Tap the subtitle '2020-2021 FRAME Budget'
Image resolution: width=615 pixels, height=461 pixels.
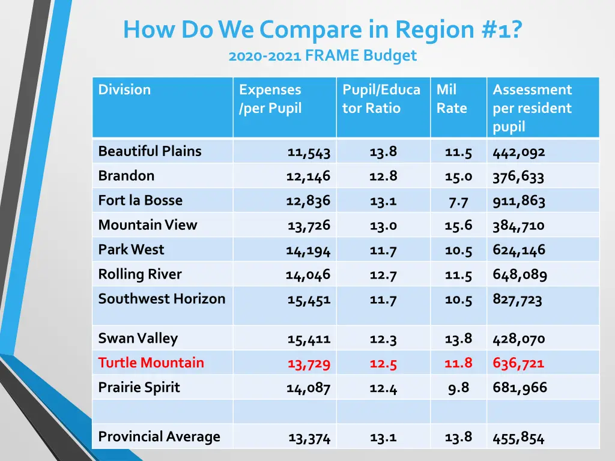pos(322,56)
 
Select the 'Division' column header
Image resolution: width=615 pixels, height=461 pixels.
pos(124,90)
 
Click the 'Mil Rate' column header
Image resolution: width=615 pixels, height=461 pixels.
pos(451,99)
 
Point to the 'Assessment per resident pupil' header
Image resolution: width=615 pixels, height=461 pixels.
pos(532,108)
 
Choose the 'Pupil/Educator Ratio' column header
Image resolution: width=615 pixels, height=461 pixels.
pos(381,99)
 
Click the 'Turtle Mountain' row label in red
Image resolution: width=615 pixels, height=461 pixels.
pos(151,363)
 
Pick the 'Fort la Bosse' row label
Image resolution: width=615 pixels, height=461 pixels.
pos(140,200)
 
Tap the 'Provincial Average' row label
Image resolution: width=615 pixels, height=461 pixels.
pos(159,436)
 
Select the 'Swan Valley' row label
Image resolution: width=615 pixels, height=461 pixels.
pos(138,339)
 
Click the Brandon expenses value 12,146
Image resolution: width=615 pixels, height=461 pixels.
pos(308,176)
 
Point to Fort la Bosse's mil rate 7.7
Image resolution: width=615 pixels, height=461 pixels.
pos(458,201)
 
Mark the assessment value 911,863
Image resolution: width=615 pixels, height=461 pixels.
pos(518,200)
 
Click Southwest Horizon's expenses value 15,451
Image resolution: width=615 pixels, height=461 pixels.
pos(309,300)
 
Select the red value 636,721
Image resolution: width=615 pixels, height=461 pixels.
pos(518,363)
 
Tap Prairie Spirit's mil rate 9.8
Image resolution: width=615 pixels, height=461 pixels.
pos(458,388)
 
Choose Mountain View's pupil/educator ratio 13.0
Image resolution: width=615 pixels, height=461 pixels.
pos(383,226)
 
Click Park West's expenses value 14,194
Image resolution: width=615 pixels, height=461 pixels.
pos(308,250)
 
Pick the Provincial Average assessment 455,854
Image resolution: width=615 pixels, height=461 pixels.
pos(518,438)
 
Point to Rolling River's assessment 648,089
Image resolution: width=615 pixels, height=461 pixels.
pos(520,275)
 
